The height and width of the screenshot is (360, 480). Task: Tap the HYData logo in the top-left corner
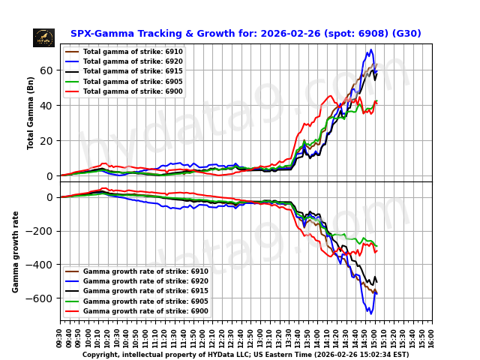(43, 37)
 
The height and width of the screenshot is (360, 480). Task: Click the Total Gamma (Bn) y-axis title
(31, 112)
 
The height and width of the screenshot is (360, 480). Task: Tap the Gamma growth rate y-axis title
(16, 251)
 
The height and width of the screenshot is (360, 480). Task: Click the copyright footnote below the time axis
(245, 355)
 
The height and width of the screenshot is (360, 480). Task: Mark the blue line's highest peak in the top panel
(370, 50)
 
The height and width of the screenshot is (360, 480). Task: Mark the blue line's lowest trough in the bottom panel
(369, 313)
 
